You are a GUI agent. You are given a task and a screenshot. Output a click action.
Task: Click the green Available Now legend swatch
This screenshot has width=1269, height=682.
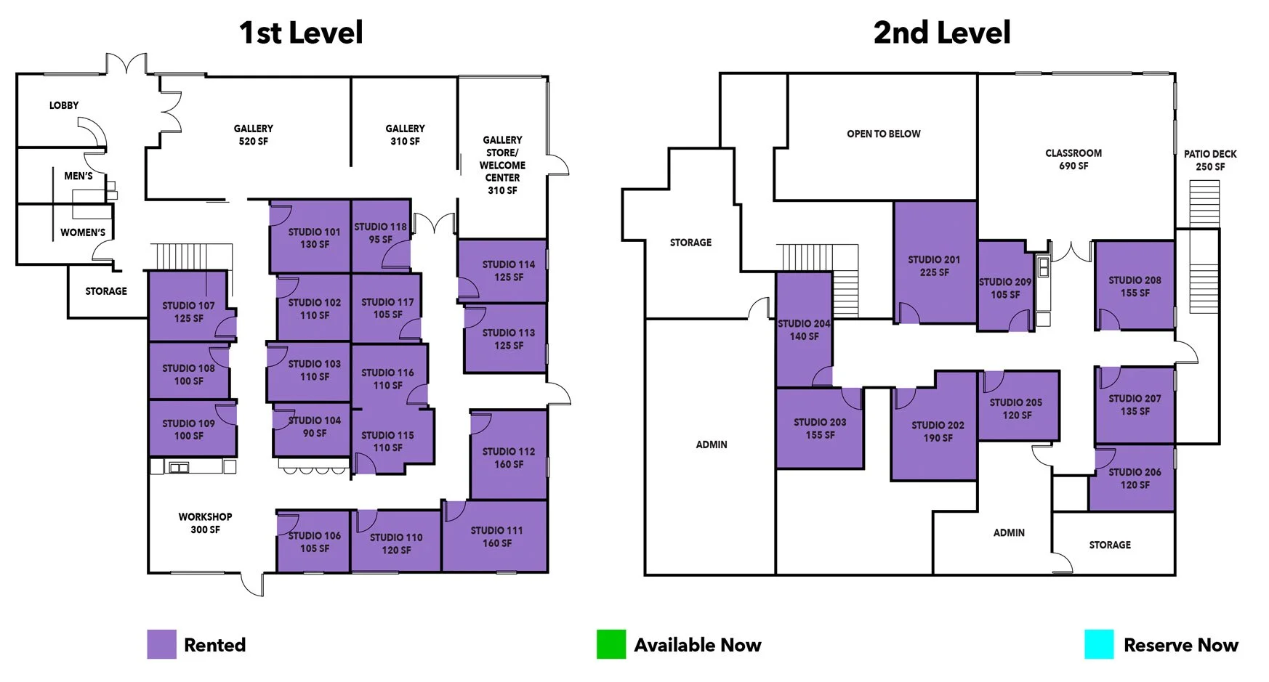tap(611, 644)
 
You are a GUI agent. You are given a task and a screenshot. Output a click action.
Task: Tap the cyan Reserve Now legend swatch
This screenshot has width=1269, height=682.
tap(1098, 644)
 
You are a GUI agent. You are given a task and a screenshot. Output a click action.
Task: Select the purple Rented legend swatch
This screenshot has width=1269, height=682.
tap(161, 644)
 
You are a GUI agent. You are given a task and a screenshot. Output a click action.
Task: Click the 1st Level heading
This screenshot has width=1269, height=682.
tap(301, 33)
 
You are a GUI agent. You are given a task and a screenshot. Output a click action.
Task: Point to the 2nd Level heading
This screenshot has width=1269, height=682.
tap(941, 33)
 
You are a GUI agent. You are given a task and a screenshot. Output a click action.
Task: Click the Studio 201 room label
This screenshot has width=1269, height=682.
tap(934, 266)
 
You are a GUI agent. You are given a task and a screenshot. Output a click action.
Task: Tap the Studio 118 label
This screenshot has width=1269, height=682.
tap(380, 233)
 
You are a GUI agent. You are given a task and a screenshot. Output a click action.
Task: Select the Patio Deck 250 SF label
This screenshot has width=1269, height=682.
tap(1209, 161)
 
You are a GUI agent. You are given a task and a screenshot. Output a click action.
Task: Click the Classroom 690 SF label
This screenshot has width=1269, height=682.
tap(1073, 160)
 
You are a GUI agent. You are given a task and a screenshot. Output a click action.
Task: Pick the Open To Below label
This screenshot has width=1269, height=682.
tap(883, 134)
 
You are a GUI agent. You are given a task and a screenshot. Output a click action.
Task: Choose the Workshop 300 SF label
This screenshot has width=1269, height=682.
tap(205, 523)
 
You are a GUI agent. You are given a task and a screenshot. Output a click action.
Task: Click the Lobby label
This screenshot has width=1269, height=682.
tap(64, 105)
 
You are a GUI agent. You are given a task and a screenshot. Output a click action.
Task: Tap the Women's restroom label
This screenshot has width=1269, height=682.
tap(83, 232)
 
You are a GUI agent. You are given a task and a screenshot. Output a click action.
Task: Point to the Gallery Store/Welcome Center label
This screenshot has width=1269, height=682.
tap(502, 165)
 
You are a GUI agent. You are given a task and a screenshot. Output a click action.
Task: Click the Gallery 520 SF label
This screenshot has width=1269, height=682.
tap(253, 135)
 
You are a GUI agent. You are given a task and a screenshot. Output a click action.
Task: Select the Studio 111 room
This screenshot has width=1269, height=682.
tap(496, 537)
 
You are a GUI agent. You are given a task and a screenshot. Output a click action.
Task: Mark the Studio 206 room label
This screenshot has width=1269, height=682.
tap(1134, 479)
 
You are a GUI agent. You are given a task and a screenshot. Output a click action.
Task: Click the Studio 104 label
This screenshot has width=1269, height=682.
tap(314, 426)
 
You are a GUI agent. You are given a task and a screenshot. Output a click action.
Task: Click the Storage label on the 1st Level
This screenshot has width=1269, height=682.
tap(106, 291)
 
